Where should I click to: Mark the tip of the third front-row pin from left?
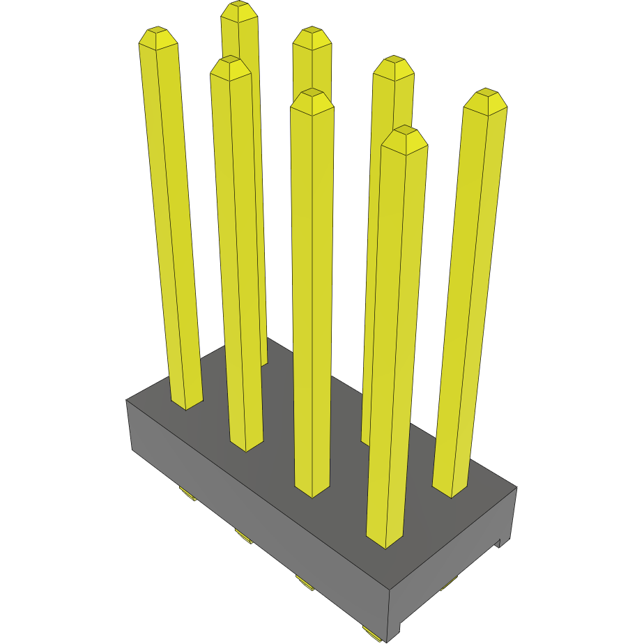click(x=312, y=96)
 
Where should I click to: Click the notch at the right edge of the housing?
click(x=499, y=542)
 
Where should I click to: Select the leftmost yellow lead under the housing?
click(x=187, y=494)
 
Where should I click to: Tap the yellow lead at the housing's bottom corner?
click(x=372, y=632)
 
